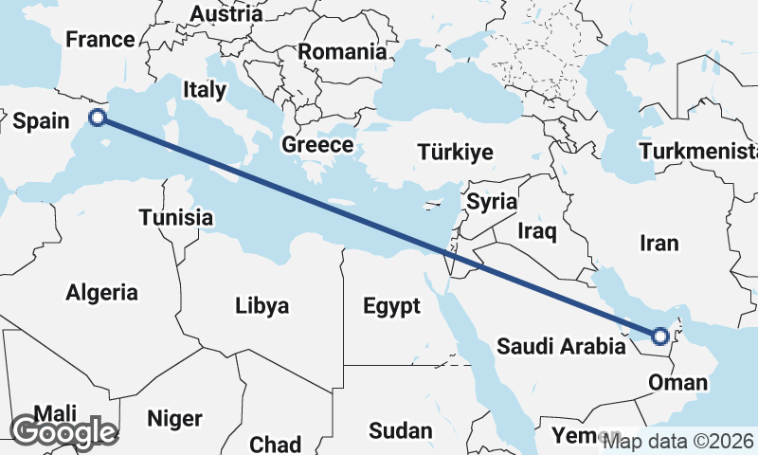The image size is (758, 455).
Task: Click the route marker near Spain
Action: (x=98, y=118)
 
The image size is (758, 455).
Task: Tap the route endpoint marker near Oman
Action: (x=660, y=336)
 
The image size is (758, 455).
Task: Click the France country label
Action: (x=99, y=40)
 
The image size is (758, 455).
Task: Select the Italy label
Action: (x=205, y=90)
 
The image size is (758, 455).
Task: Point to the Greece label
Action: (x=317, y=145)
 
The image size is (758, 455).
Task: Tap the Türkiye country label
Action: (x=456, y=153)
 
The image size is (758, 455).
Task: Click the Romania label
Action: (x=342, y=52)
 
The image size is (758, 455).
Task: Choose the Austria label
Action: (x=226, y=14)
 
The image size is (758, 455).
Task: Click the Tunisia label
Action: (x=175, y=217)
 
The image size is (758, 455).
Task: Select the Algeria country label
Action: (x=101, y=292)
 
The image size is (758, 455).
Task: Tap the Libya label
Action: (x=262, y=306)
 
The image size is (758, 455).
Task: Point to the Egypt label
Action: (x=391, y=306)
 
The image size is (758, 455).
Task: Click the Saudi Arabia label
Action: (x=561, y=346)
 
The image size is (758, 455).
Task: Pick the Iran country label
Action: (x=659, y=244)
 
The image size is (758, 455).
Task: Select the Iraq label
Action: (x=537, y=229)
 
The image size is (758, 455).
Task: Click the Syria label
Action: (x=492, y=201)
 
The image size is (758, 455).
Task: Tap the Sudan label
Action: (x=400, y=430)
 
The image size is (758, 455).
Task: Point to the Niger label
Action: (x=175, y=418)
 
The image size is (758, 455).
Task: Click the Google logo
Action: (x=63, y=432)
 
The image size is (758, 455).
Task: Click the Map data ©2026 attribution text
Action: (x=678, y=441)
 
